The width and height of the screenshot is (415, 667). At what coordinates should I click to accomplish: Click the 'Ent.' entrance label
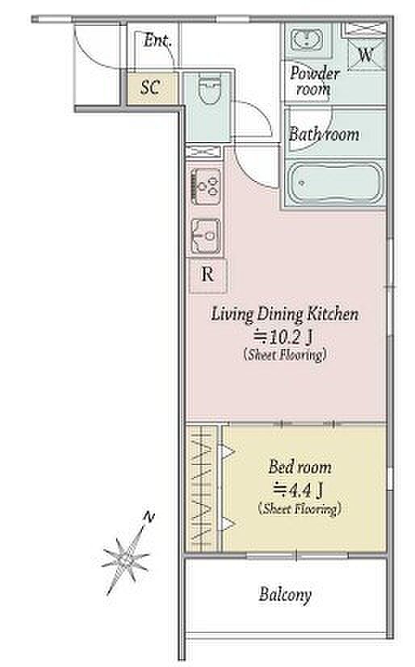point(157,40)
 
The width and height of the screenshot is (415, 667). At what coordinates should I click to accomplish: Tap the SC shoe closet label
point(150,88)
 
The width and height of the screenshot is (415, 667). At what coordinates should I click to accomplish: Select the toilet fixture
point(209,90)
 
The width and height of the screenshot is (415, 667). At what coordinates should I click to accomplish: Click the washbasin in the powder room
point(307,40)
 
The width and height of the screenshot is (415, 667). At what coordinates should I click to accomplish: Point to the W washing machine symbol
point(366,54)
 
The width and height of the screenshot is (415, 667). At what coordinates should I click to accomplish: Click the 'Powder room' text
point(315,81)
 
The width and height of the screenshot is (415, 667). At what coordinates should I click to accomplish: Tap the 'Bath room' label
point(324,134)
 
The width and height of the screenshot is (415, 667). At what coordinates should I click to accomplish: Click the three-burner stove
point(206,187)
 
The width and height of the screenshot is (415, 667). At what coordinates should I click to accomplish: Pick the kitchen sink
point(206,236)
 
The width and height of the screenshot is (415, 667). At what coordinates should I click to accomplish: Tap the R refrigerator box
point(207,275)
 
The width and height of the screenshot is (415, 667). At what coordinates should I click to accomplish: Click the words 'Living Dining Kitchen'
point(285,314)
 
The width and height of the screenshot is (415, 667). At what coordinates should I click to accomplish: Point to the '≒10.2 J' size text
point(283,338)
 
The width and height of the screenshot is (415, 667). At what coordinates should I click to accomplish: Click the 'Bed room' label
point(300,467)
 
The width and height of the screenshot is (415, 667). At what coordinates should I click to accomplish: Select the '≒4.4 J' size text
point(298,490)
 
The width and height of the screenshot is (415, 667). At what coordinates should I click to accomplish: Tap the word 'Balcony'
point(285,594)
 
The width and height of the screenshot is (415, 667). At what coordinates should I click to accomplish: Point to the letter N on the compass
point(149,518)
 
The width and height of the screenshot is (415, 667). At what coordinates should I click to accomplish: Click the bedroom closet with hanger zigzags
point(202,489)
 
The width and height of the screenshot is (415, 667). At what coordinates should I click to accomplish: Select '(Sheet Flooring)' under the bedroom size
point(300,509)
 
